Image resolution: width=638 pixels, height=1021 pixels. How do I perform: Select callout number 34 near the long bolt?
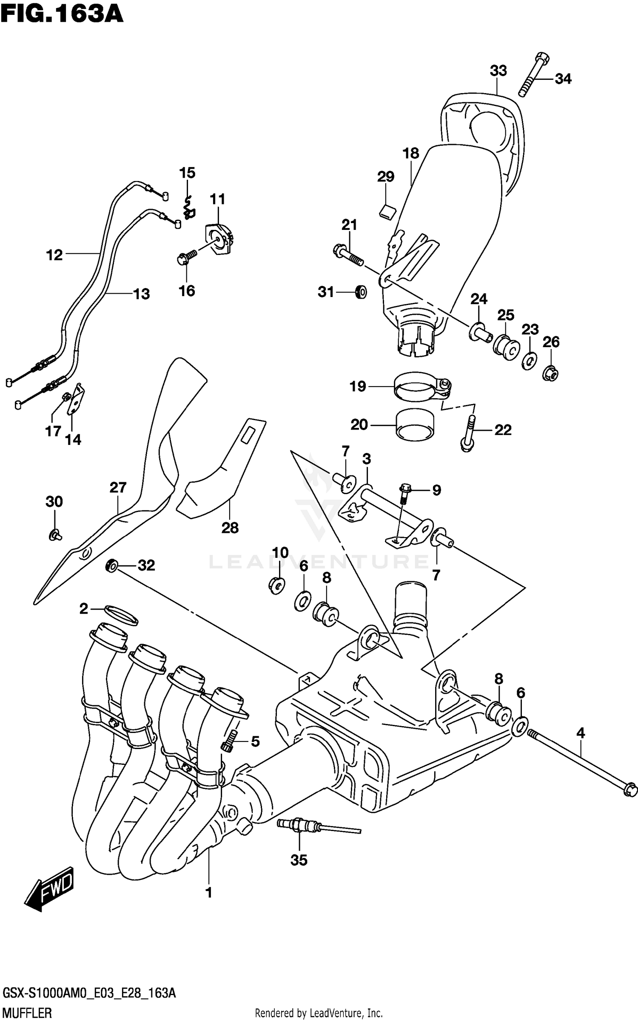tap(563, 79)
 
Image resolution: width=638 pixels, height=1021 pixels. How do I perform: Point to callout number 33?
tap(498, 71)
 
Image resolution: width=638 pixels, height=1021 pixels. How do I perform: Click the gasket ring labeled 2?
tap(121, 616)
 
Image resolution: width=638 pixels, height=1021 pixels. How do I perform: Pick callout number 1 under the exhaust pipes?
tap(208, 893)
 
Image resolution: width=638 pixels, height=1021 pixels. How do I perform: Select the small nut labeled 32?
tap(112, 566)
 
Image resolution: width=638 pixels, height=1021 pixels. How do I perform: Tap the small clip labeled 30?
tap(55, 535)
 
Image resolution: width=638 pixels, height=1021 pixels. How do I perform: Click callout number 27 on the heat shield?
tap(118, 487)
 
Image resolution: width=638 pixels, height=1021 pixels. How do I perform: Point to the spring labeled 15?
tap(188, 206)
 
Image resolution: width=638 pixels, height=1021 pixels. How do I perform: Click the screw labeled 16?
tap(186, 258)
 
